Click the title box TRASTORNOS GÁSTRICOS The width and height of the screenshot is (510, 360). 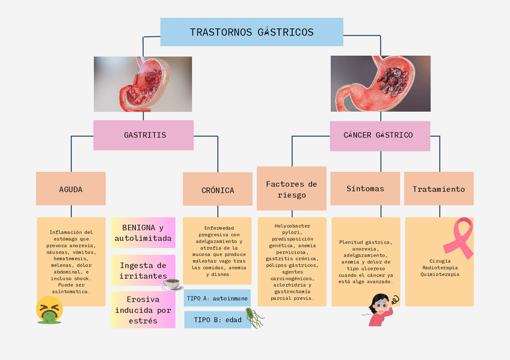click(251, 32)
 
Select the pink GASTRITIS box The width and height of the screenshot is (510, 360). click(143, 135)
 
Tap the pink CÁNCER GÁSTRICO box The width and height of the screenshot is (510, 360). click(379, 135)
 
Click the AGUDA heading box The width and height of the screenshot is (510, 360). click(71, 189)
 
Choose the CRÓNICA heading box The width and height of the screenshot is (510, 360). click(218, 190)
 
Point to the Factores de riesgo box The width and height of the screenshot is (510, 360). click(292, 189)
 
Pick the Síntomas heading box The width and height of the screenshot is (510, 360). click(365, 189)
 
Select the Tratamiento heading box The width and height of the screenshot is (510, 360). click(438, 189)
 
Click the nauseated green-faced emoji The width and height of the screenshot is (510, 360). click(49, 310)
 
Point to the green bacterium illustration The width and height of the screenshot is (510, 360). click(255, 318)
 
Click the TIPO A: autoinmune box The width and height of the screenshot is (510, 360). click(217, 298)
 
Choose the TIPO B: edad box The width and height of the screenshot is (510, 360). click(214, 320)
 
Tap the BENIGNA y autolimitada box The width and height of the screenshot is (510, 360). click(143, 233)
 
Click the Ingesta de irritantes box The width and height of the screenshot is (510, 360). click(143, 270)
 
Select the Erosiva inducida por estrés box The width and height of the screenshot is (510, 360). click(143, 310)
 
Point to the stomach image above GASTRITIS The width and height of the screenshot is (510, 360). click(143, 84)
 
